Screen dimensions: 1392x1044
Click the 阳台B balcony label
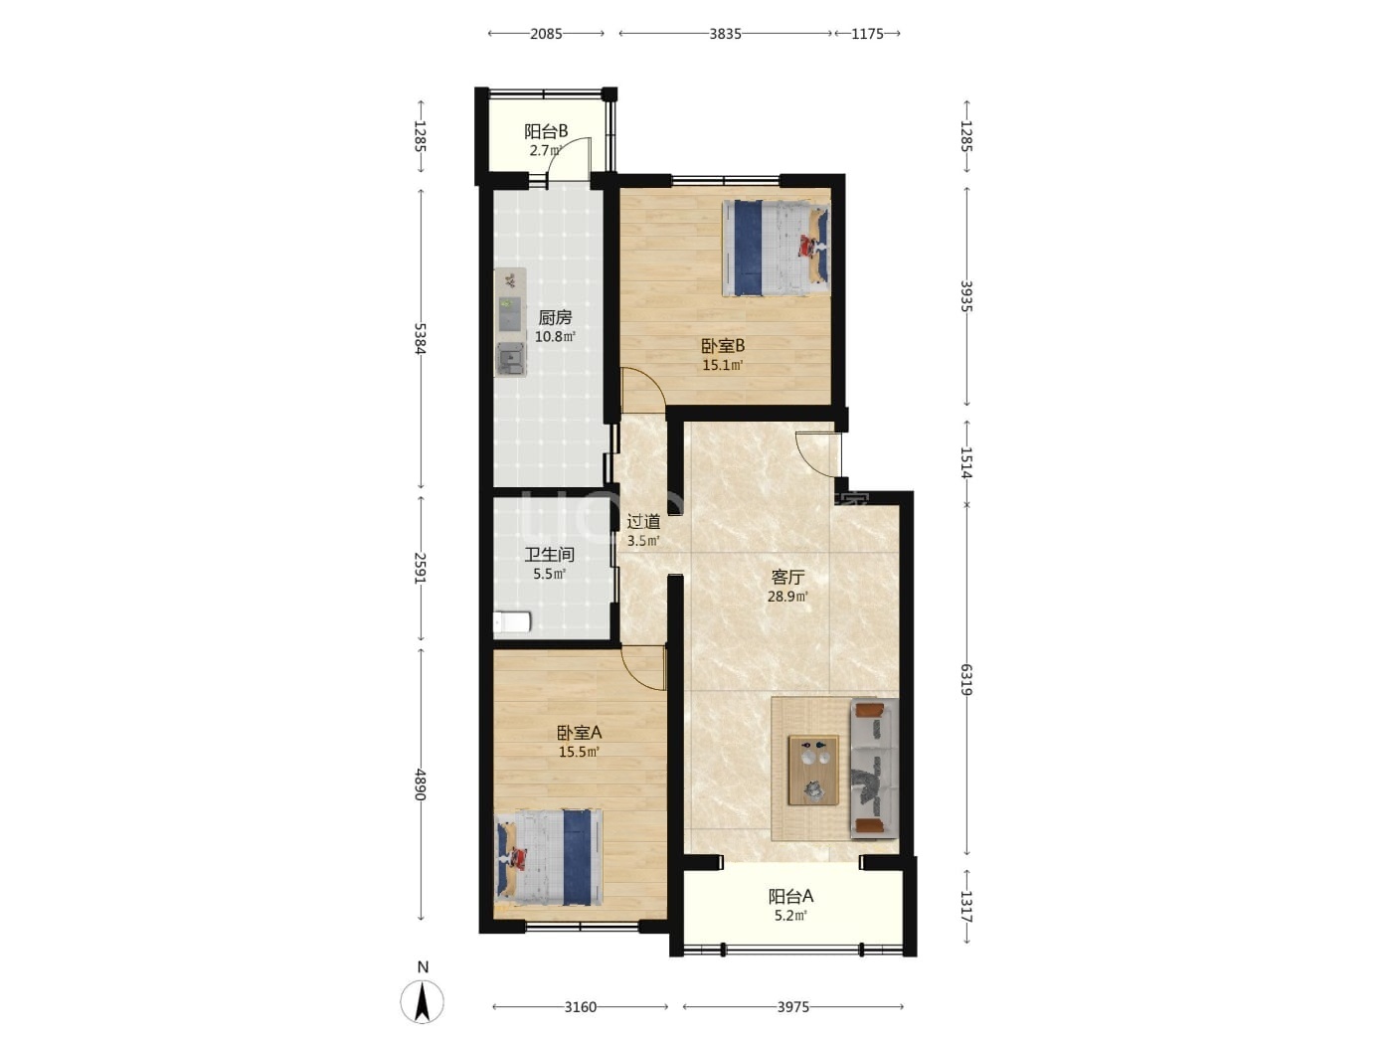(x=546, y=132)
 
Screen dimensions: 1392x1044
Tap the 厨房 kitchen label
(x=555, y=317)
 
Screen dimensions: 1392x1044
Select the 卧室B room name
(x=722, y=346)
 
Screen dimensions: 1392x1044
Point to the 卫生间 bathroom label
(x=549, y=555)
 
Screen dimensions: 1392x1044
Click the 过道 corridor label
(x=643, y=522)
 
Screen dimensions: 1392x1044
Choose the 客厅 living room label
(x=787, y=577)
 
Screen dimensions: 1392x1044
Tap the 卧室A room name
(x=579, y=733)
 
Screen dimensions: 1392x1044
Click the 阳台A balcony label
(x=790, y=896)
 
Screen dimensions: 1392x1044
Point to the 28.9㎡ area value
(x=787, y=597)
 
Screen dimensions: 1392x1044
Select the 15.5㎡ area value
(x=579, y=753)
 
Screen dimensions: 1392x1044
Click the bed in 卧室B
(x=776, y=248)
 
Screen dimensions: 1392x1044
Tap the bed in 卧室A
(x=549, y=856)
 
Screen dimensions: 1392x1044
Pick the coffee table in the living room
(x=813, y=771)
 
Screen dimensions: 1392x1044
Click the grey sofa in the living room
(x=874, y=769)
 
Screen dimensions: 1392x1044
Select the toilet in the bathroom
(x=512, y=621)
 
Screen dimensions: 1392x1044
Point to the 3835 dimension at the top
(x=725, y=34)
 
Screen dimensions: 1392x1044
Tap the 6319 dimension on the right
(x=965, y=679)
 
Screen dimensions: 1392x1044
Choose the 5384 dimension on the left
(x=420, y=338)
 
